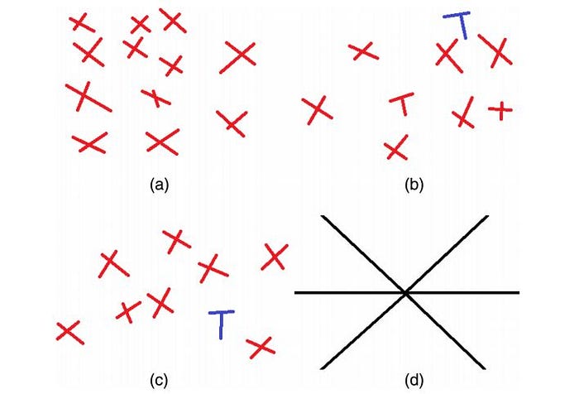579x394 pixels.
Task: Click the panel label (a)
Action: click(x=159, y=185)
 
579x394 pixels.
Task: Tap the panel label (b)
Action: click(x=414, y=185)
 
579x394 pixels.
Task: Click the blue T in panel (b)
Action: click(x=457, y=24)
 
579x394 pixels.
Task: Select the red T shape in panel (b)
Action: click(x=402, y=104)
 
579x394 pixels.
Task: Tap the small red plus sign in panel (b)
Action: click(x=500, y=109)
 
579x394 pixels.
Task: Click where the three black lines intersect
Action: click(x=405, y=292)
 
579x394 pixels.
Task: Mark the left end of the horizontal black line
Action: click(x=296, y=292)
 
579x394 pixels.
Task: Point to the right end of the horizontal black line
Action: click(x=518, y=292)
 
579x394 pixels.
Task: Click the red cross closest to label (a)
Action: click(x=162, y=141)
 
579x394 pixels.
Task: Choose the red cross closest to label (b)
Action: click(x=397, y=149)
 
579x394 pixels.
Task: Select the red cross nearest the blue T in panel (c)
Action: click(x=260, y=347)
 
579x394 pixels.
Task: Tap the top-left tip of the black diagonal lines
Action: click(x=323, y=217)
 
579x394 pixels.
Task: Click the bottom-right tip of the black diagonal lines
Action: click(x=485, y=368)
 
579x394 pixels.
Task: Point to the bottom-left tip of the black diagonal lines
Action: click(x=321, y=368)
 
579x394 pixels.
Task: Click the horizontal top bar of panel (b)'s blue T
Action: click(x=456, y=16)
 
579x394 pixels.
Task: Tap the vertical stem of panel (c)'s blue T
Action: click(x=221, y=327)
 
